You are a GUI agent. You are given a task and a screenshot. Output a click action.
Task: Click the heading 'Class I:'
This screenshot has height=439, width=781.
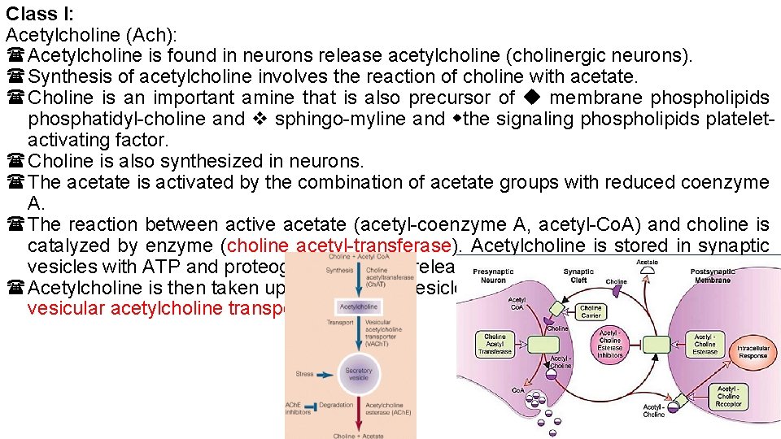click(40, 13)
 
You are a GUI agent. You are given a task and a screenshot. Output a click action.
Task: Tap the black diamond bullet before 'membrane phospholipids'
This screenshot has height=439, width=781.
click(532, 98)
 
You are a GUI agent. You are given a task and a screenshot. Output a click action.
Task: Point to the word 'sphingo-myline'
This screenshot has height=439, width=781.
click(342, 119)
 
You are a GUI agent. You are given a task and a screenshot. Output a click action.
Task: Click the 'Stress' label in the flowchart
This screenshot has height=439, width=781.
click(304, 376)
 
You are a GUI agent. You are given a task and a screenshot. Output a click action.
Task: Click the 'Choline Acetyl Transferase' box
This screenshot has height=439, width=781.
click(495, 344)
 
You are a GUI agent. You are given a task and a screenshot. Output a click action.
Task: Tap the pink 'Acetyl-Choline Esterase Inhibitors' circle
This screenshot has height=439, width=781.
click(609, 344)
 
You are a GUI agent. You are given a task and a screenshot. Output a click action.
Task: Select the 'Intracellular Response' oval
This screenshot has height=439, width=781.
click(752, 352)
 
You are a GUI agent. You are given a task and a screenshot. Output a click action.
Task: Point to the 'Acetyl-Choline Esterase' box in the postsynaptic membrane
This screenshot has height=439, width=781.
click(705, 344)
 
